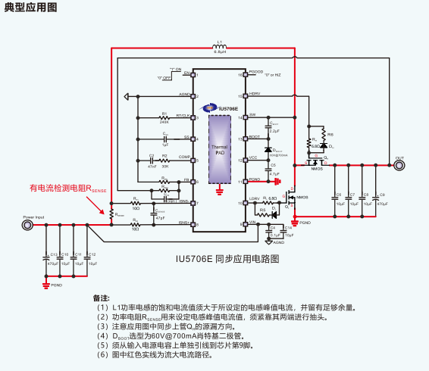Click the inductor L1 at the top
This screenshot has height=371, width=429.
click(219, 48)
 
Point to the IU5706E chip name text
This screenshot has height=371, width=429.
click(226, 109)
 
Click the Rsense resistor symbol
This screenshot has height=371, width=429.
click(112, 214)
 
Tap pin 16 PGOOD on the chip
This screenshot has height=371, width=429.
click(243, 75)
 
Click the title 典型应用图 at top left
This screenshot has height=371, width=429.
click(28, 8)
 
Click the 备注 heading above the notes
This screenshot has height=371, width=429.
click(102, 298)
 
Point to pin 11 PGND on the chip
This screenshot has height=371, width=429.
click(243, 182)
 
